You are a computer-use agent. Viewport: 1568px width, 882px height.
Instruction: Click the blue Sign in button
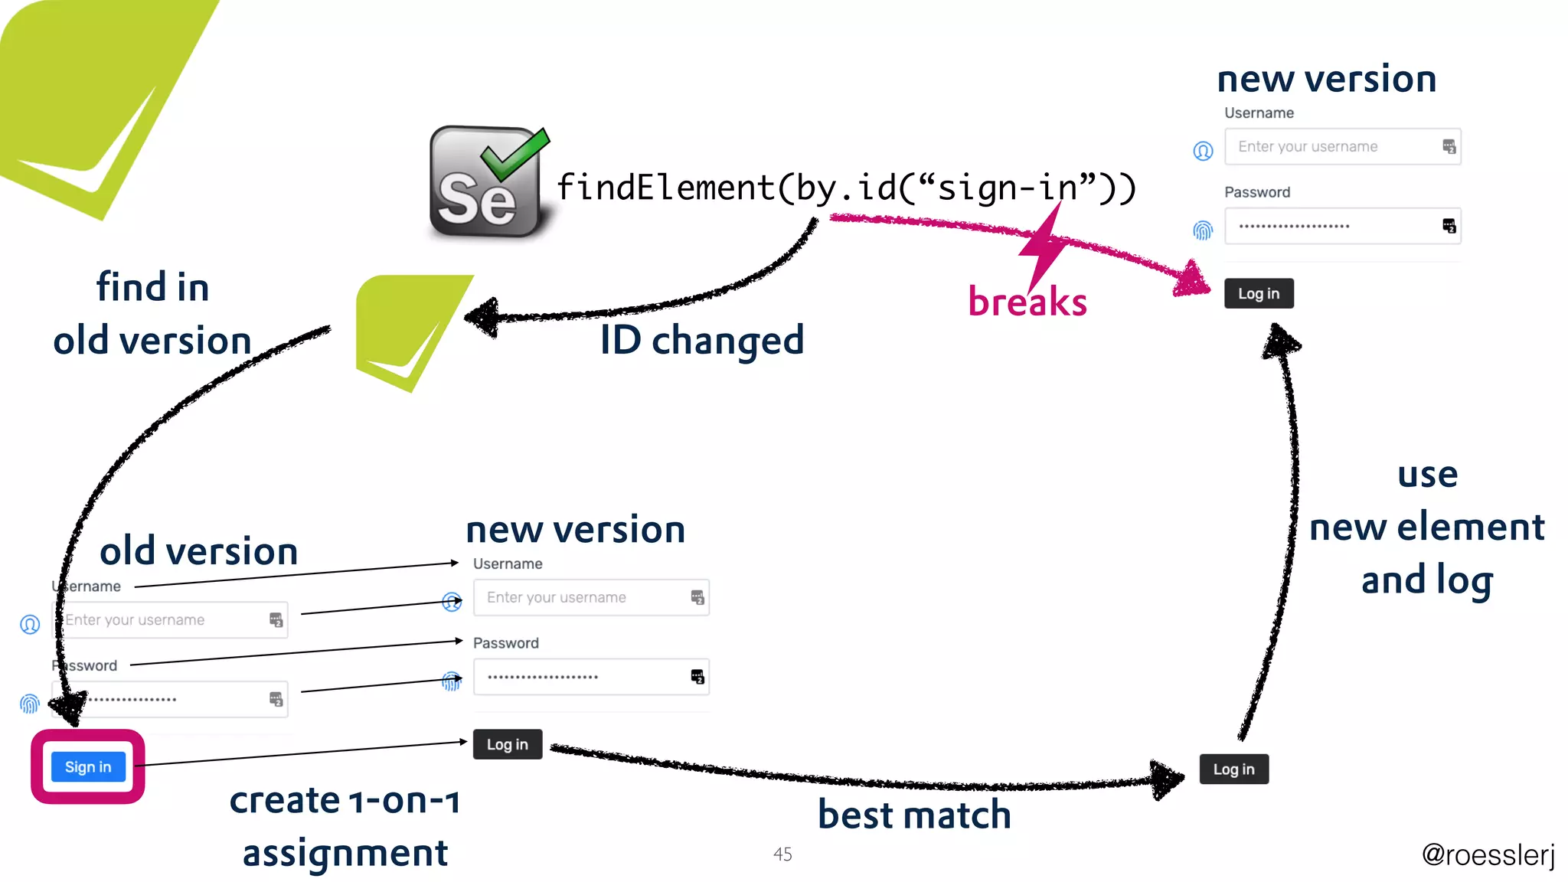click(x=88, y=766)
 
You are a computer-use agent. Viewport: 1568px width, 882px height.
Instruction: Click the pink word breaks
click(x=1027, y=302)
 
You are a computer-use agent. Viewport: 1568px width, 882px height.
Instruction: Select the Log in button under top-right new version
click(x=1258, y=293)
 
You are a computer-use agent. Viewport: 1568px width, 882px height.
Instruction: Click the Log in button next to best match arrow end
click(x=1233, y=769)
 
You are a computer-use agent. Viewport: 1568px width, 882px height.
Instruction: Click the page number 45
click(x=782, y=854)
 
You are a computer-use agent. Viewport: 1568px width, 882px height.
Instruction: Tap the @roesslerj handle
click(x=1488, y=854)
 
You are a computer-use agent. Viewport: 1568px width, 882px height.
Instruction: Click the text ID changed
click(x=701, y=340)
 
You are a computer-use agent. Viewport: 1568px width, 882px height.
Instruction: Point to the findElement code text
click(x=846, y=188)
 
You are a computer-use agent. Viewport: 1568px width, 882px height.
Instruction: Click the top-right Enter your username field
click(x=1332, y=146)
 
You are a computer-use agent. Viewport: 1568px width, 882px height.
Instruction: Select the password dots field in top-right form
click(x=1332, y=226)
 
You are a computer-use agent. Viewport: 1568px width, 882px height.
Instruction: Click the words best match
click(x=914, y=814)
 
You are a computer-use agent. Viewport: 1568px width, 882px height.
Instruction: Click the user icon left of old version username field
click(x=30, y=625)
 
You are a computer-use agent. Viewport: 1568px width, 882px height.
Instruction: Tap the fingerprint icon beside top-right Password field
click(x=1203, y=230)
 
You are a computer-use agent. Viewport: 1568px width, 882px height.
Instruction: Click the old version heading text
click(x=199, y=550)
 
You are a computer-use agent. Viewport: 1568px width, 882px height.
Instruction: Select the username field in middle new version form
click(x=582, y=597)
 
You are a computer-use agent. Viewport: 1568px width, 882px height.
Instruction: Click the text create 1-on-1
click(x=345, y=801)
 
